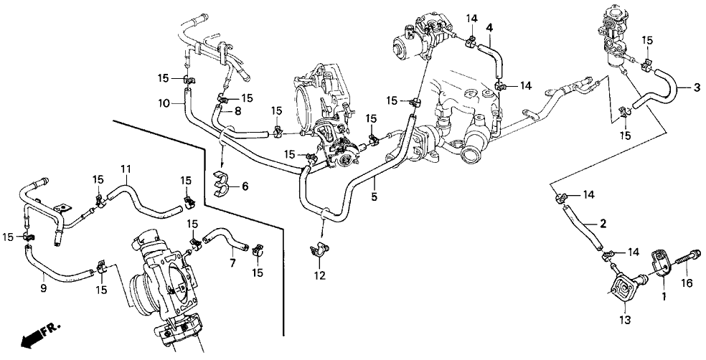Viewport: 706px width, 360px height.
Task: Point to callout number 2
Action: [x=603, y=223]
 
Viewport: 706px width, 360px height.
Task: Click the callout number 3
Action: [x=697, y=88]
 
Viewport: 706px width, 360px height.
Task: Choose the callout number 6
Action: [x=245, y=186]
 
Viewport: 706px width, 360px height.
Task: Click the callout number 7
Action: [x=232, y=263]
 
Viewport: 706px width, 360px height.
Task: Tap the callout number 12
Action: [x=319, y=275]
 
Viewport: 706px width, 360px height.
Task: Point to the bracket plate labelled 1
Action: [x=661, y=261]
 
